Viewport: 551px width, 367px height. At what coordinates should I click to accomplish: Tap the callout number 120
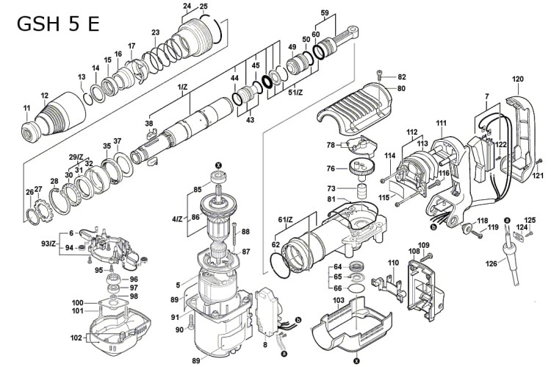click(517, 79)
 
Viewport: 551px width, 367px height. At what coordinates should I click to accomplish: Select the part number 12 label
click(45, 95)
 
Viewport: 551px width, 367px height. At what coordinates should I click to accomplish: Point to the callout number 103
click(338, 301)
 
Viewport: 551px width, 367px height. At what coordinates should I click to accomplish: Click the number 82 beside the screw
click(401, 77)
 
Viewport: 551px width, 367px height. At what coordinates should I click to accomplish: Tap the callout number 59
click(324, 13)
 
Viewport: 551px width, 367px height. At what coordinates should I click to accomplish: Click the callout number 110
click(392, 263)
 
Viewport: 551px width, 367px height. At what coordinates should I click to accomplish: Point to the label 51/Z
click(295, 92)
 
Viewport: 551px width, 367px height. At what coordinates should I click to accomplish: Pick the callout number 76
click(330, 169)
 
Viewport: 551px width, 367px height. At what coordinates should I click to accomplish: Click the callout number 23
click(155, 32)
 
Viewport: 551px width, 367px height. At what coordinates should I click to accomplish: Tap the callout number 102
click(76, 339)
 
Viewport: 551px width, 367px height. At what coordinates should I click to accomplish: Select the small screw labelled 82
click(379, 73)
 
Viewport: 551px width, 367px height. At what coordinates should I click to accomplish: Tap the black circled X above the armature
click(217, 164)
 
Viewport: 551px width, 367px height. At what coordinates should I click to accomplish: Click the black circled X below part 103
click(356, 360)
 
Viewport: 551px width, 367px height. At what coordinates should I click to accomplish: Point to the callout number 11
click(27, 109)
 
